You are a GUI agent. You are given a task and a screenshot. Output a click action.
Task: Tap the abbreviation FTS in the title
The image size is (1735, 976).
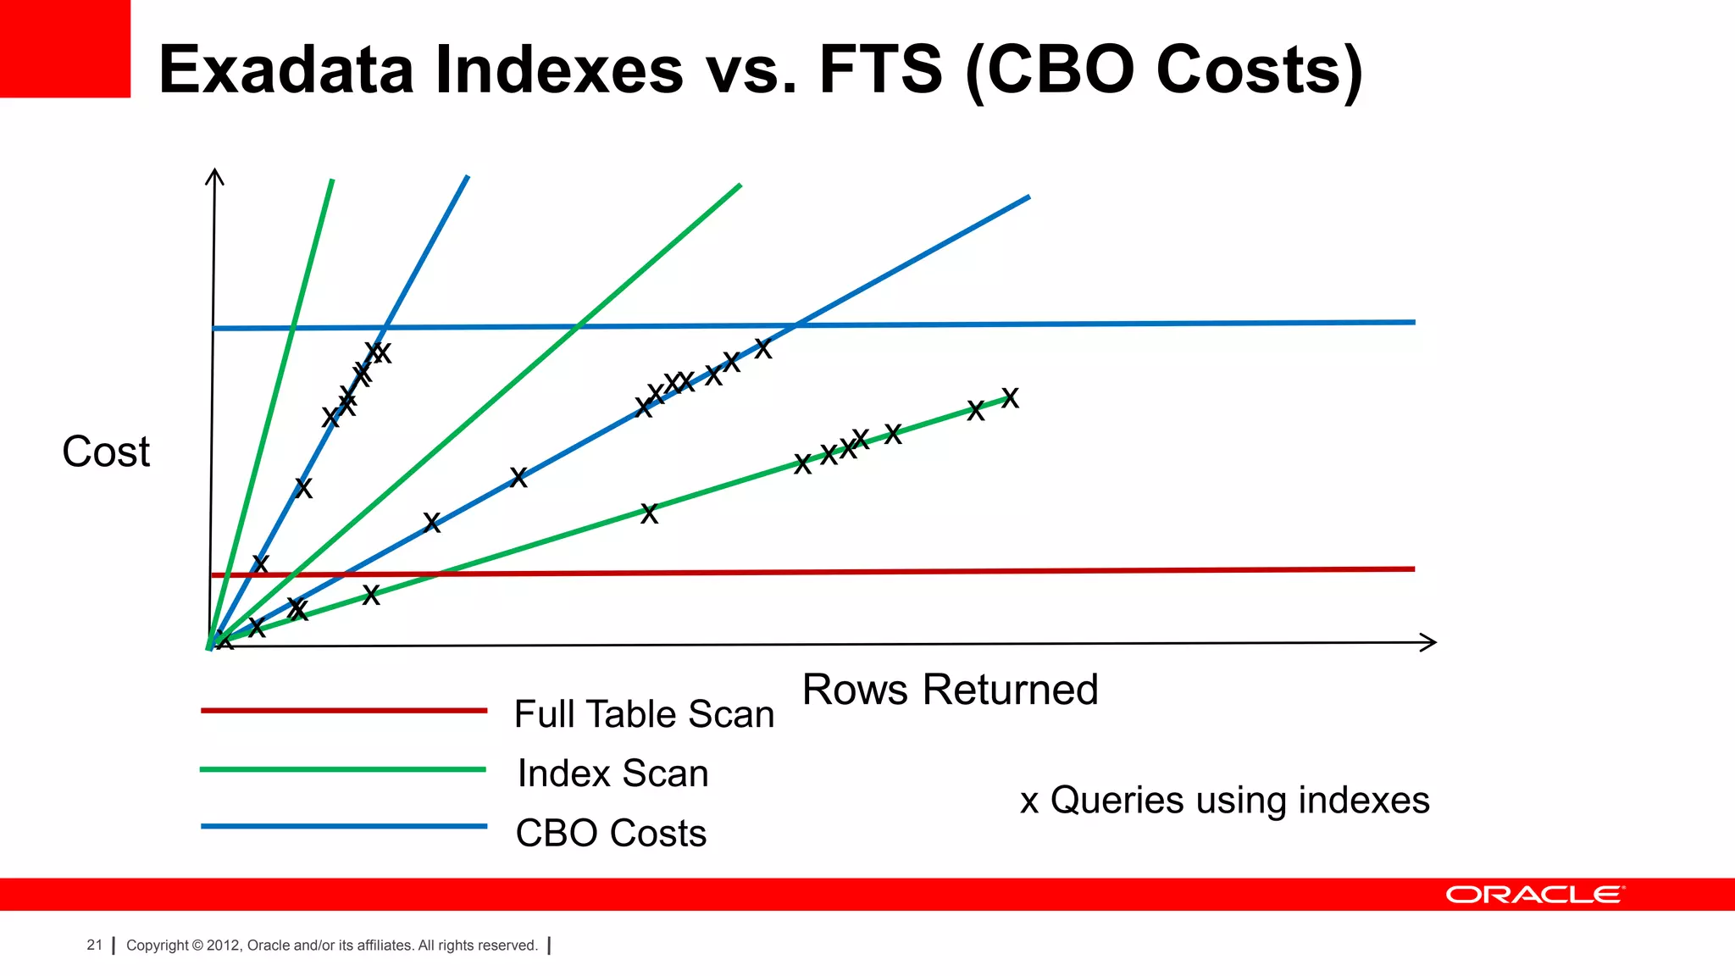point(880,69)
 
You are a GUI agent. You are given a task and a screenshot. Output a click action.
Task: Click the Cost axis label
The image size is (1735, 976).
point(106,452)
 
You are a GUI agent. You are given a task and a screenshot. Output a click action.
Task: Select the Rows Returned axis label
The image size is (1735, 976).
point(950,690)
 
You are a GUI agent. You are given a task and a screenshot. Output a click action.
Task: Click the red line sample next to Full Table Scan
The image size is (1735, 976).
point(343,710)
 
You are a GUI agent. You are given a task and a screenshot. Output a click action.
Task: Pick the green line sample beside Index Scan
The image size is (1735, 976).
point(343,769)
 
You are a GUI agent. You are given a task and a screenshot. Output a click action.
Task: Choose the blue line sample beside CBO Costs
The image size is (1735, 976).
point(343,826)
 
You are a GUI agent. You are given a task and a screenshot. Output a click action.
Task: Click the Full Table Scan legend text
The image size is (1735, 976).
point(644,714)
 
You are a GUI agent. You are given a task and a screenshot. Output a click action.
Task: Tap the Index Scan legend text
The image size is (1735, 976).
point(613,774)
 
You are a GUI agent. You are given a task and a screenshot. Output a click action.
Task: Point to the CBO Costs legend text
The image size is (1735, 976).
point(611,833)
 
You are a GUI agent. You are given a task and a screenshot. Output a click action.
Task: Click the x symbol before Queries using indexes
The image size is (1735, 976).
point(1029,801)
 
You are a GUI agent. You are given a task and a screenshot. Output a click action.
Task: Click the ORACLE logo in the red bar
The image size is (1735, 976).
point(1534,895)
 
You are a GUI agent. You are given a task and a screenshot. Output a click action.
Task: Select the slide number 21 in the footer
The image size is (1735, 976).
point(94,945)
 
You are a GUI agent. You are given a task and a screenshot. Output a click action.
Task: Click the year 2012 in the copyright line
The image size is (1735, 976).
point(224,945)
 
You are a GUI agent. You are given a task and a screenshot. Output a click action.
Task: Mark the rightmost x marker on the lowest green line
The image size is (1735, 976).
point(1010,397)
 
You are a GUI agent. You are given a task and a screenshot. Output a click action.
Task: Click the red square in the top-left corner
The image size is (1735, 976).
point(64,48)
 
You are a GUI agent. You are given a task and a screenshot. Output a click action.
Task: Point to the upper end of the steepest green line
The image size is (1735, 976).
point(331,181)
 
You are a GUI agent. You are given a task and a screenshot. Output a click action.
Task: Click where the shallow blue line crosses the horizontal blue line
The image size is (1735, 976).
point(795,324)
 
